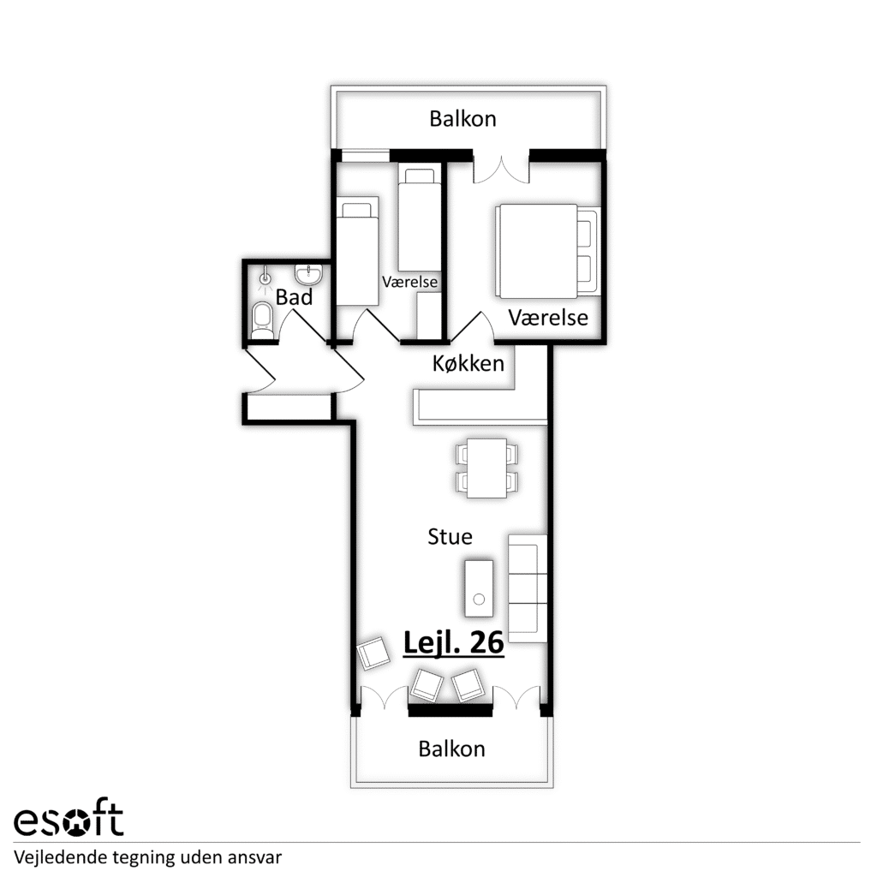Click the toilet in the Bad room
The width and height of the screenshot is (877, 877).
[x=261, y=321]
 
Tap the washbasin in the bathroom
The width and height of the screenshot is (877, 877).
[x=308, y=274]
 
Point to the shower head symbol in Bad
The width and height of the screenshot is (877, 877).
[x=265, y=277]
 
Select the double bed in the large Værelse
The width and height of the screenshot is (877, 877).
[x=547, y=251]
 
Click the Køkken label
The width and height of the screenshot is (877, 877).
[x=468, y=363]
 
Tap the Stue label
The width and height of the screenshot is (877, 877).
[x=450, y=536]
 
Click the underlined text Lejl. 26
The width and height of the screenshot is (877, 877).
[x=454, y=642]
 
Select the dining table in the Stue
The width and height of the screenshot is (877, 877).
[x=486, y=468]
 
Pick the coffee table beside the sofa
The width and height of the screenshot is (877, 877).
[x=479, y=588]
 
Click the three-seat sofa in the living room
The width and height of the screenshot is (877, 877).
[x=528, y=588]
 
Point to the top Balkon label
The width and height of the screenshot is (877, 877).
[x=462, y=118]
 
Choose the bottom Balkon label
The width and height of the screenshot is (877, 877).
[x=451, y=749]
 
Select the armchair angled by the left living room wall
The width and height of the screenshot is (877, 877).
[x=373, y=653]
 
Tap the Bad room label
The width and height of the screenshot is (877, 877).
[x=294, y=297]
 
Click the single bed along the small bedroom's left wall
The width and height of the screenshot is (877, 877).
[x=357, y=251]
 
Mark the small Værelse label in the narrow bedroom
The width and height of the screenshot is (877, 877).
[x=409, y=281]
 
